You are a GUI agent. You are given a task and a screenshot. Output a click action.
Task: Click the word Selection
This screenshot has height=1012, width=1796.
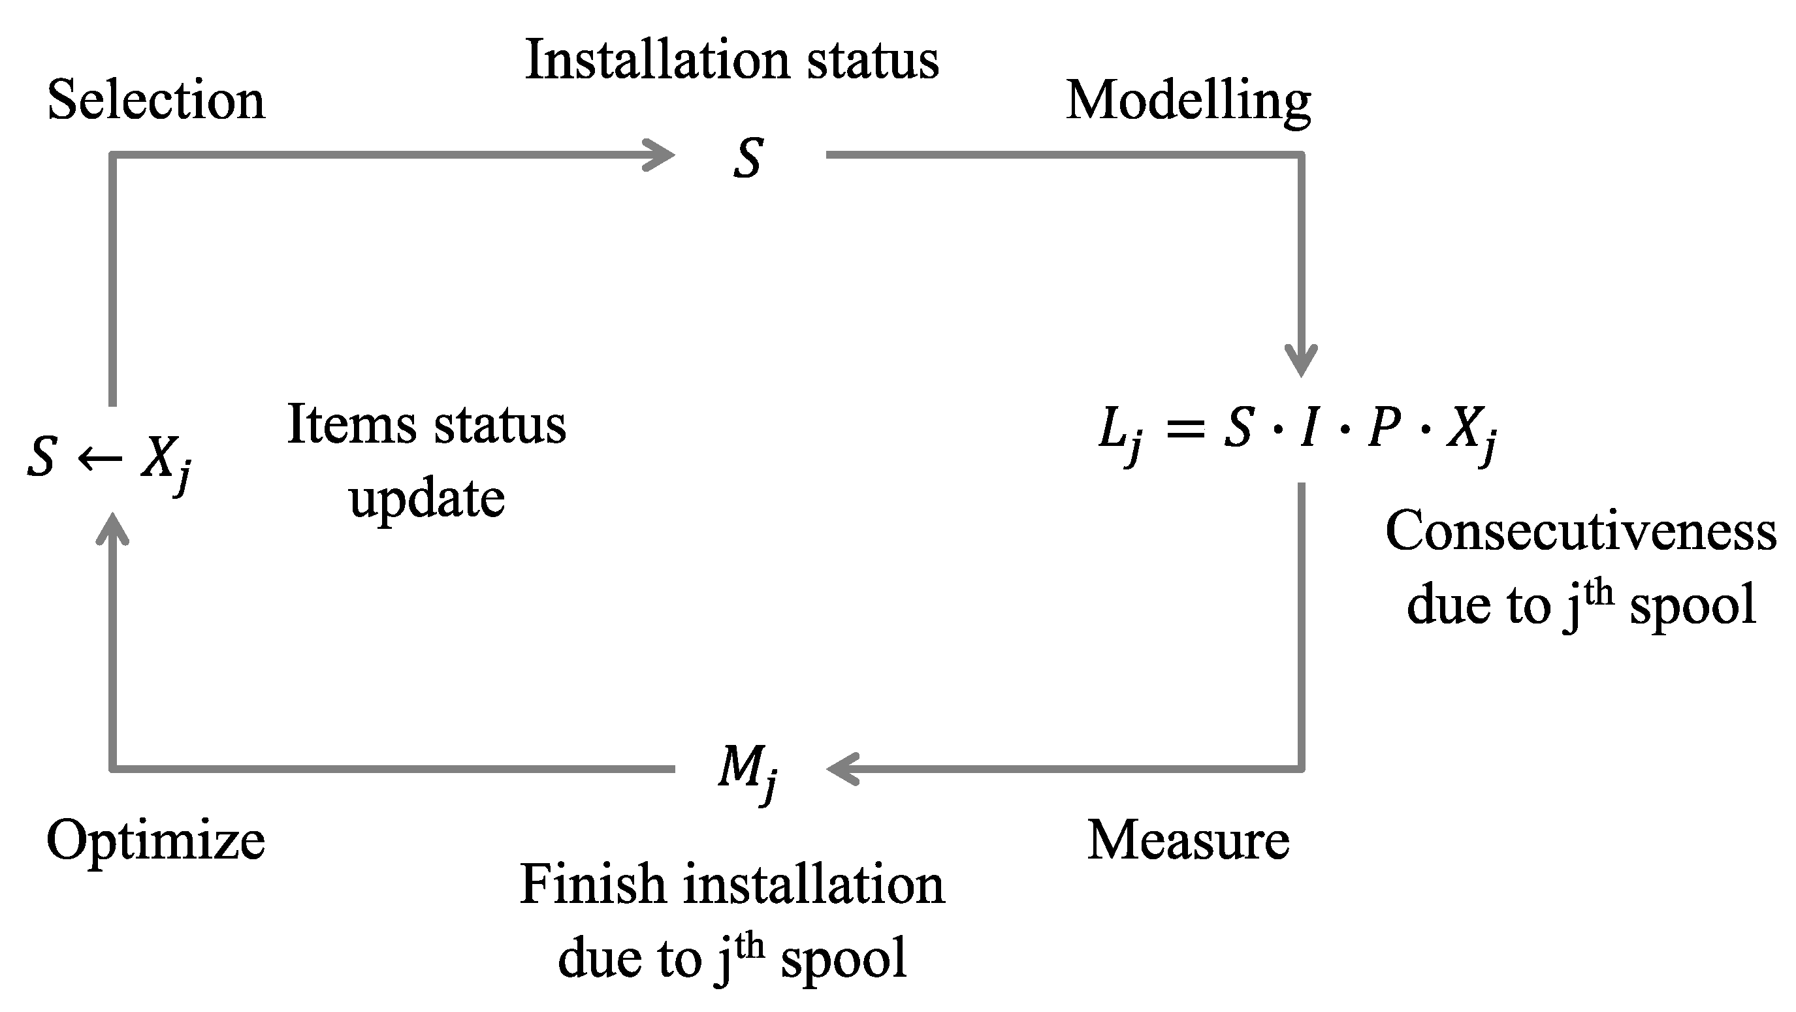tap(156, 101)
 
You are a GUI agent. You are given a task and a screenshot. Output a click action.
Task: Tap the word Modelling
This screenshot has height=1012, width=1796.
tap(1188, 102)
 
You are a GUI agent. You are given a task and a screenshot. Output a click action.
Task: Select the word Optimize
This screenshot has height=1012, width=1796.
tap(155, 840)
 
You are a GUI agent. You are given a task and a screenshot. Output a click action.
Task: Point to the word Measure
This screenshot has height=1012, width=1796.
tap(1188, 840)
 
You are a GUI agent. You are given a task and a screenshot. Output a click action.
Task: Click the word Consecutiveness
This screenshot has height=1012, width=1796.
tap(1580, 531)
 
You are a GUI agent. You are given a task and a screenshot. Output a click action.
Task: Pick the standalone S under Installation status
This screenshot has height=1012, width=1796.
tap(748, 158)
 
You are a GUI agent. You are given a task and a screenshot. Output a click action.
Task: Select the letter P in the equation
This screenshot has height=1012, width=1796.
tap(1384, 426)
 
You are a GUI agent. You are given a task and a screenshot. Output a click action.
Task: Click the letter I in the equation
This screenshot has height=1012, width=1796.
tap(1309, 426)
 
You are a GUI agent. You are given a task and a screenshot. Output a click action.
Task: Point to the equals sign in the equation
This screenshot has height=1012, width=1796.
tap(1185, 428)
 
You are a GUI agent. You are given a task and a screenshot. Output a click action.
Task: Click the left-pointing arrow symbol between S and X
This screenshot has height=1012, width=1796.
tap(100, 458)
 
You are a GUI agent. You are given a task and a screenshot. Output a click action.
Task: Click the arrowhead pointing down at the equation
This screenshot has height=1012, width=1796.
tap(1301, 362)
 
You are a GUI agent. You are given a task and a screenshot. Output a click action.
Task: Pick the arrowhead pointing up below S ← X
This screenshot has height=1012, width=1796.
tap(112, 527)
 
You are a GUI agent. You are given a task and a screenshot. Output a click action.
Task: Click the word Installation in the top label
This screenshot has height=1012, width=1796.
tap(659, 60)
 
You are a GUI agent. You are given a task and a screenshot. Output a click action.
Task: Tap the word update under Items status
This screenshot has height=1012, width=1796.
tap(426, 498)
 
